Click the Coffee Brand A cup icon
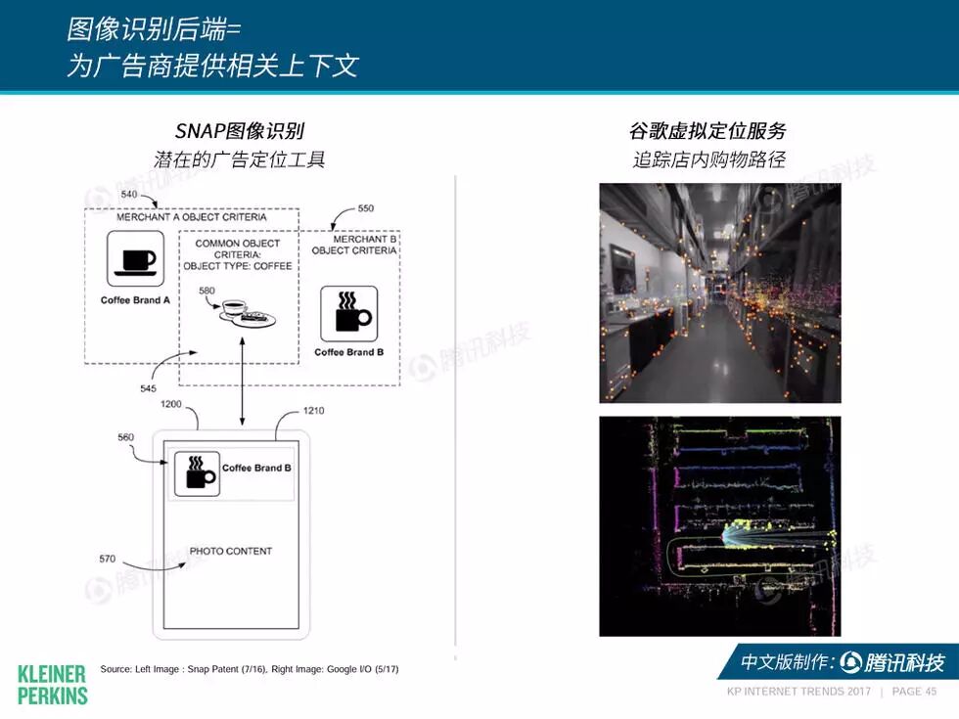[135, 258]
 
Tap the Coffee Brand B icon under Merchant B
[348, 313]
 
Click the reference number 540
[129, 195]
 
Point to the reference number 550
[365, 208]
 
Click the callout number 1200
[170, 404]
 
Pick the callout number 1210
[314, 411]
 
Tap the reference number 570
[108, 559]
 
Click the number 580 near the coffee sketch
[206, 291]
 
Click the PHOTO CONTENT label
[231, 551]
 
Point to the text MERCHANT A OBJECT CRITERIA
[192, 217]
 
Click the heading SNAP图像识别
[240, 131]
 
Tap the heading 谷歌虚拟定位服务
[708, 131]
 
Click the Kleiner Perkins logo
[52, 684]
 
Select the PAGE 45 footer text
[914, 692]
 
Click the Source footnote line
[249, 669]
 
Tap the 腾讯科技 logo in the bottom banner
[892, 662]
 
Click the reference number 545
[148, 388]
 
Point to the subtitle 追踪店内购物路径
[708, 159]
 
